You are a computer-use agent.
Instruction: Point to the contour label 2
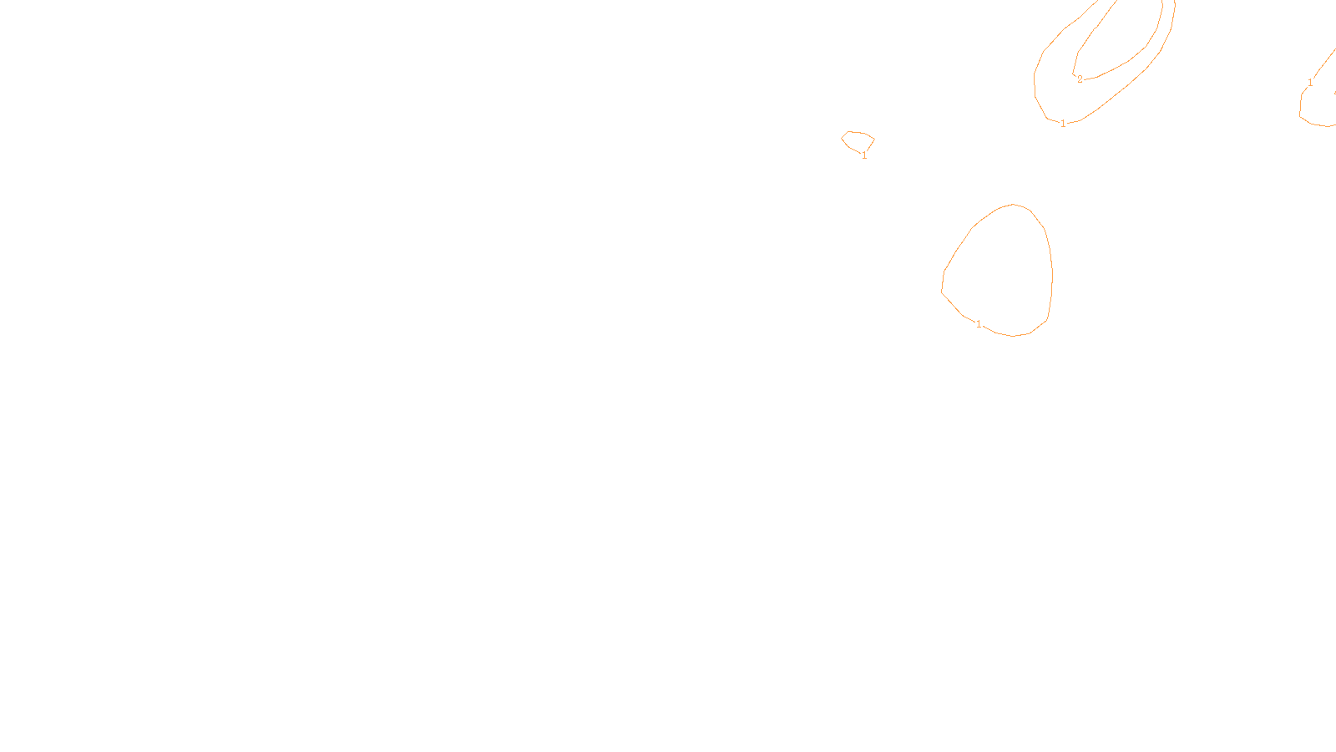pos(1080,79)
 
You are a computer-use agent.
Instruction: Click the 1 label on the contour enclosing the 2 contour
pos(1063,124)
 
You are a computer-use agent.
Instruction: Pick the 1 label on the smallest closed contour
pos(864,155)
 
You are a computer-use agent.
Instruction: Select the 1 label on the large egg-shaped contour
pos(979,324)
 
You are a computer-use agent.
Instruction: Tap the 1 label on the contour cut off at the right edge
pos(1310,83)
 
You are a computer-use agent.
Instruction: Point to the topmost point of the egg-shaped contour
pos(1014,204)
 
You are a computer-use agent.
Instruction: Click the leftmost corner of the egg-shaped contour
pos(942,292)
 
